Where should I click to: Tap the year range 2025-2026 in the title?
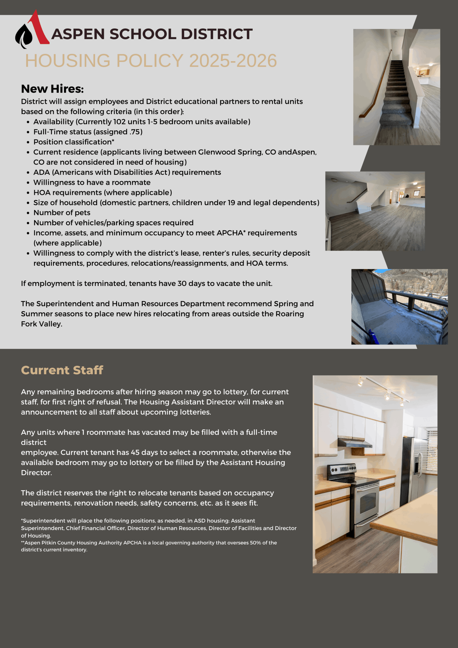pyautogui.click(x=233, y=61)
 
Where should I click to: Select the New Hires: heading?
pyautogui.click(x=52, y=89)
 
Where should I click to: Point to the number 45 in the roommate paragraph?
pyautogui.click(x=135, y=452)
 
